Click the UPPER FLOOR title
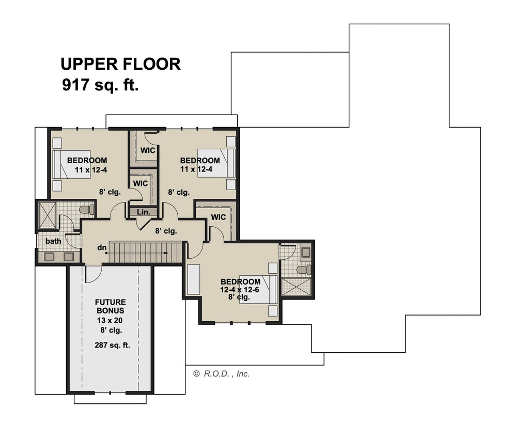[120, 64]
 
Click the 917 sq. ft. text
[100, 85]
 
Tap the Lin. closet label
[144, 212]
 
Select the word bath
[53, 241]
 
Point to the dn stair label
[102, 247]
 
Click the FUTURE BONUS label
[111, 306]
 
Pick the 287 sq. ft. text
[112, 345]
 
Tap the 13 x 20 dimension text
[110, 320]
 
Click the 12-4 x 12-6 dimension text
[240, 289]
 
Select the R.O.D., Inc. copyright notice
[221, 374]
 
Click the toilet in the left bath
[87, 210]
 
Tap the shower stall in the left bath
[47, 215]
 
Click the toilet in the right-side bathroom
[304, 270]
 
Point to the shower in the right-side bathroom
[296, 287]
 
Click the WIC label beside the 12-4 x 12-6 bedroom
[219, 217]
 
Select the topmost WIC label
[148, 150]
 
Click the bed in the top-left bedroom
[71, 164]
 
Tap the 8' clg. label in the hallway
[166, 231]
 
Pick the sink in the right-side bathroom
[306, 253]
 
